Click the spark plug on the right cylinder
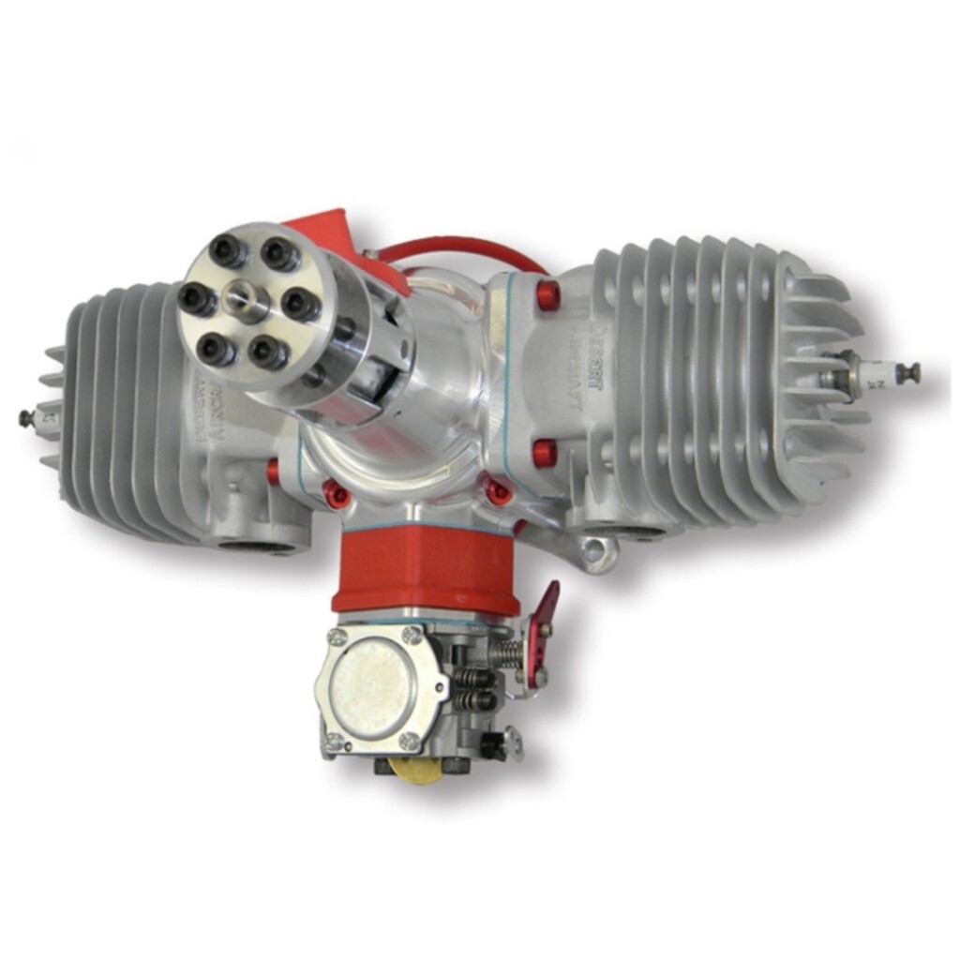point(872,376)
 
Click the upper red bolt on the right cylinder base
point(547,296)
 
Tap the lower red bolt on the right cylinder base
point(545,453)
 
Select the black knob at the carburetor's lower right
point(489,746)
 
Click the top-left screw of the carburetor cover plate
point(338,637)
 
